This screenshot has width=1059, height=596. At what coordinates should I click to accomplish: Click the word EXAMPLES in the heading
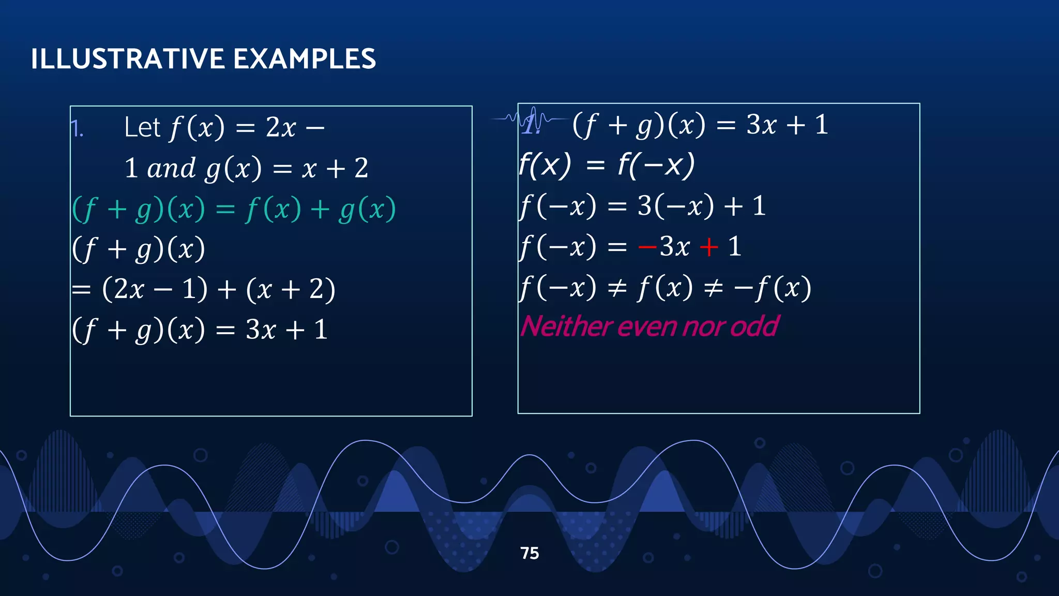point(305,59)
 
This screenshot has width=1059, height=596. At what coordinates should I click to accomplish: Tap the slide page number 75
point(529,553)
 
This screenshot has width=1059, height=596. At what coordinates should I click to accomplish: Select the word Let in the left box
point(142,127)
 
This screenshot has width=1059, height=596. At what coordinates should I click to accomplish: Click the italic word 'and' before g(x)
point(171,168)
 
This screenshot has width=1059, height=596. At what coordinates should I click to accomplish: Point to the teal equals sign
point(225,210)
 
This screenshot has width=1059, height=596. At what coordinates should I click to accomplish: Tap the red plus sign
point(708,247)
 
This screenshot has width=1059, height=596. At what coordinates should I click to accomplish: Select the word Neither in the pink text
point(566,326)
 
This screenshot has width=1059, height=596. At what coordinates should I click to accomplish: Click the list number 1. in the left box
point(77,128)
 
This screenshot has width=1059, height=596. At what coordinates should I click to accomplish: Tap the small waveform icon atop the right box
point(530,120)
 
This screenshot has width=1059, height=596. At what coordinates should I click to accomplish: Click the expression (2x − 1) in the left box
point(155,289)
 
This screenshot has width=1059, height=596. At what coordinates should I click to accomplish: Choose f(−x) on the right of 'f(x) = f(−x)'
point(657,166)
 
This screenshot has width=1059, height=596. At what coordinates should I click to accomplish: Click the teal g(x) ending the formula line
point(368,210)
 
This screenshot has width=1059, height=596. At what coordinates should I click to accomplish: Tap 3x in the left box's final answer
point(261,330)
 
